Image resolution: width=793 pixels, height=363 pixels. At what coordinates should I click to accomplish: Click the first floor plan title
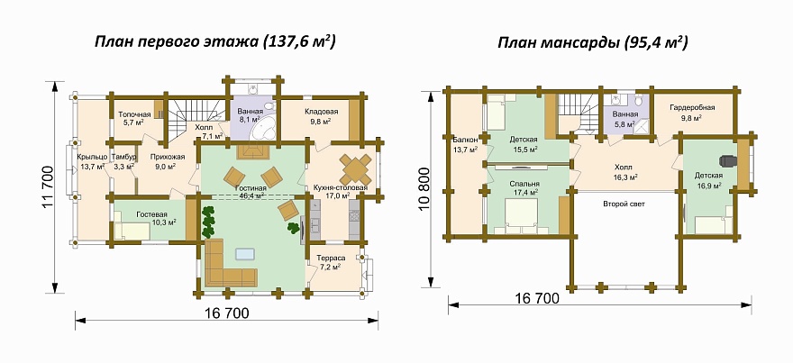pyautogui.click(x=215, y=42)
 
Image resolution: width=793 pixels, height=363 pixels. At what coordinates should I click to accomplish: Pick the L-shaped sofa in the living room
pyautogui.click(x=226, y=264)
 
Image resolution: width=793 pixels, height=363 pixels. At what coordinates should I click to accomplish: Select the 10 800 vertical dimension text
pyautogui.click(x=424, y=188)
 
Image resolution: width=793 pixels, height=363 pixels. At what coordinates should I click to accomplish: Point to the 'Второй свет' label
pyautogui.click(x=624, y=204)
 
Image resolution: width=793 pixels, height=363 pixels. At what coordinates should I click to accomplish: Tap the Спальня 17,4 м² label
pyautogui.click(x=523, y=188)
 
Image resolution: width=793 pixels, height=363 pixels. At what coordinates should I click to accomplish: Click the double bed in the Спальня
pyautogui.click(x=522, y=216)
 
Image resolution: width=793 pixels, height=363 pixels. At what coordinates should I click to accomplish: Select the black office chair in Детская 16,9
pyautogui.click(x=726, y=160)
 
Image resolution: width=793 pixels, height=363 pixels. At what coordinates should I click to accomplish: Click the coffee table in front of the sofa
pyautogui.click(x=246, y=253)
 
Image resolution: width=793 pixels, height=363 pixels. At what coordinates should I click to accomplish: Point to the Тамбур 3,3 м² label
pyautogui.click(x=123, y=160)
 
